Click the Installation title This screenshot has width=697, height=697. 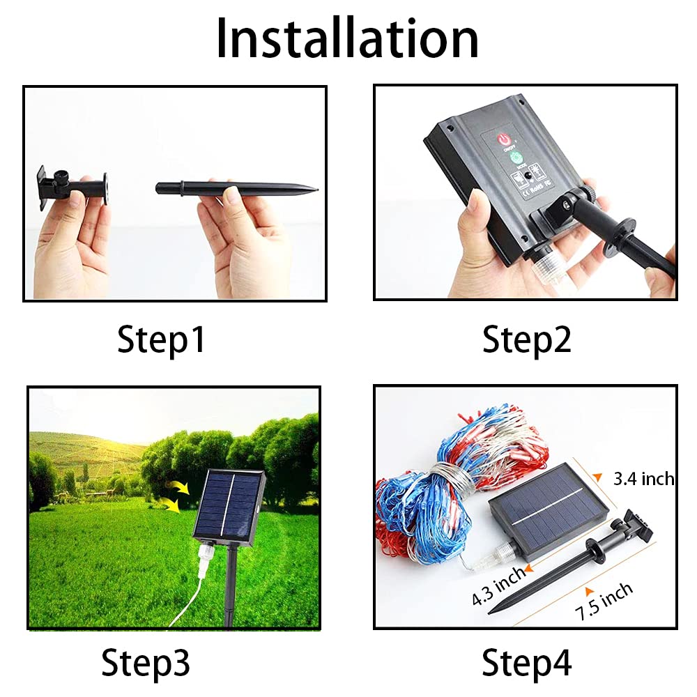pyautogui.click(x=347, y=38)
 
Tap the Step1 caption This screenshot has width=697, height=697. pyautogui.click(x=162, y=341)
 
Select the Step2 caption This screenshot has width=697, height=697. pyautogui.click(x=527, y=341)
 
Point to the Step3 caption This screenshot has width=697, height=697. pyautogui.click(x=146, y=661)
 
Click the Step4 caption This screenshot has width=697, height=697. pyautogui.click(x=527, y=661)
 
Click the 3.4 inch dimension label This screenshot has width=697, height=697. pyautogui.click(x=643, y=478)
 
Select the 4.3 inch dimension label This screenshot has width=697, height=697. pyautogui.click(x=498, y=585)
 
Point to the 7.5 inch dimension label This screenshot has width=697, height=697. pyautogui.click(x=604, y=602)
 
